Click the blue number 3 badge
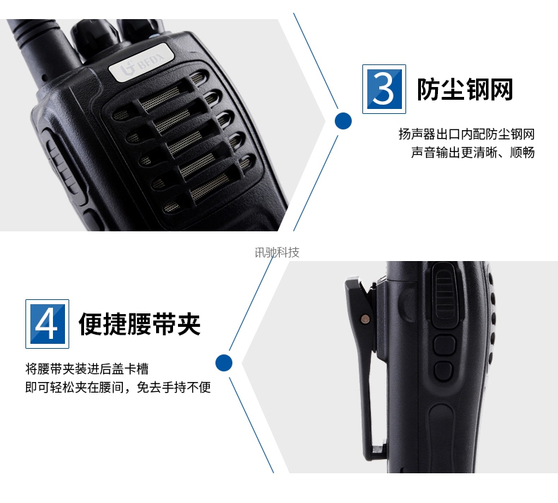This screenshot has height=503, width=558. (x=384, y=89)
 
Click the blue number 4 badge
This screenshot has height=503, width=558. (x=47, y=324)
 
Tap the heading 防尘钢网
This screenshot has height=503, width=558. (x=465, y=89)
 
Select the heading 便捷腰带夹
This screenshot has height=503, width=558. (x=139, y=324)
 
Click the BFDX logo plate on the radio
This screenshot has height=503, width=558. (x=141, y=62)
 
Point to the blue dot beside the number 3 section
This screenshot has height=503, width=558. (x=343, y=120)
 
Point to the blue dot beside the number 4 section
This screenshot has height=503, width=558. (x=224, y=363)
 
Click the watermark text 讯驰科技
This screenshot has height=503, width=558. (x=277, y=253)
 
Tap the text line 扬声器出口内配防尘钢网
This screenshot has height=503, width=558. (x=467, y=134)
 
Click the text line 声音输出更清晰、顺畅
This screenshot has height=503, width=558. (x=473, y=152)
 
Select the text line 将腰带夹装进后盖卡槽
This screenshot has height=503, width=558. (x=87, y=369)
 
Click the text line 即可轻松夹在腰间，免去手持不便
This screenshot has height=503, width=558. (x=118, y=387)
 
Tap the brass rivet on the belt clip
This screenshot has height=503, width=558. (x=365, y=318)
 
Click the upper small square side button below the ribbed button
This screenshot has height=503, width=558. (x=444, y=345)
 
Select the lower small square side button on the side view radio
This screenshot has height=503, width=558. (x=444, y=371)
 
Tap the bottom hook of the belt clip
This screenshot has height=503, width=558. (x=376, y=453)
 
